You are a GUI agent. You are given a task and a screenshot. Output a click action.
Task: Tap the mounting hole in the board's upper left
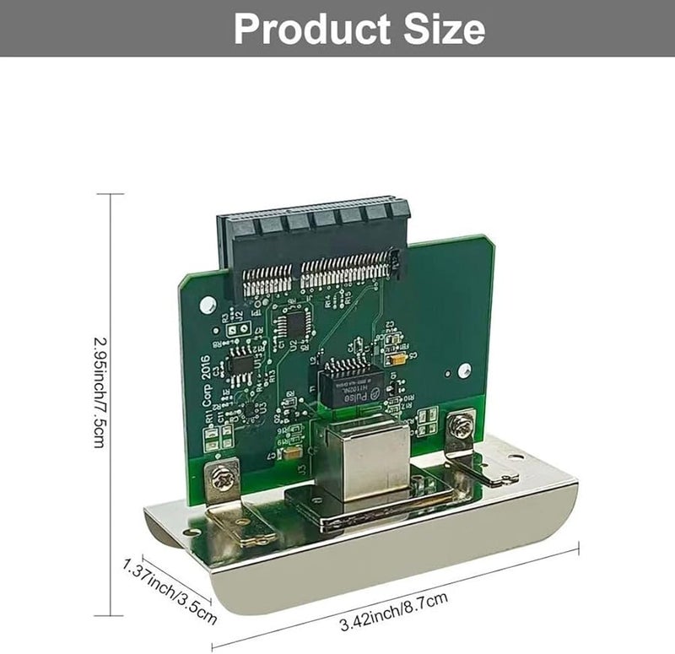pyautogui.click(x=202, y=302)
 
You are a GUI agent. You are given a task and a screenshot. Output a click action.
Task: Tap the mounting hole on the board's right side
pyautogui.click(x=463, y=368)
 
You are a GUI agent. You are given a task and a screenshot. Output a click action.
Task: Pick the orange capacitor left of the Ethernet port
pyautogui.click(x=291, y=454)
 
